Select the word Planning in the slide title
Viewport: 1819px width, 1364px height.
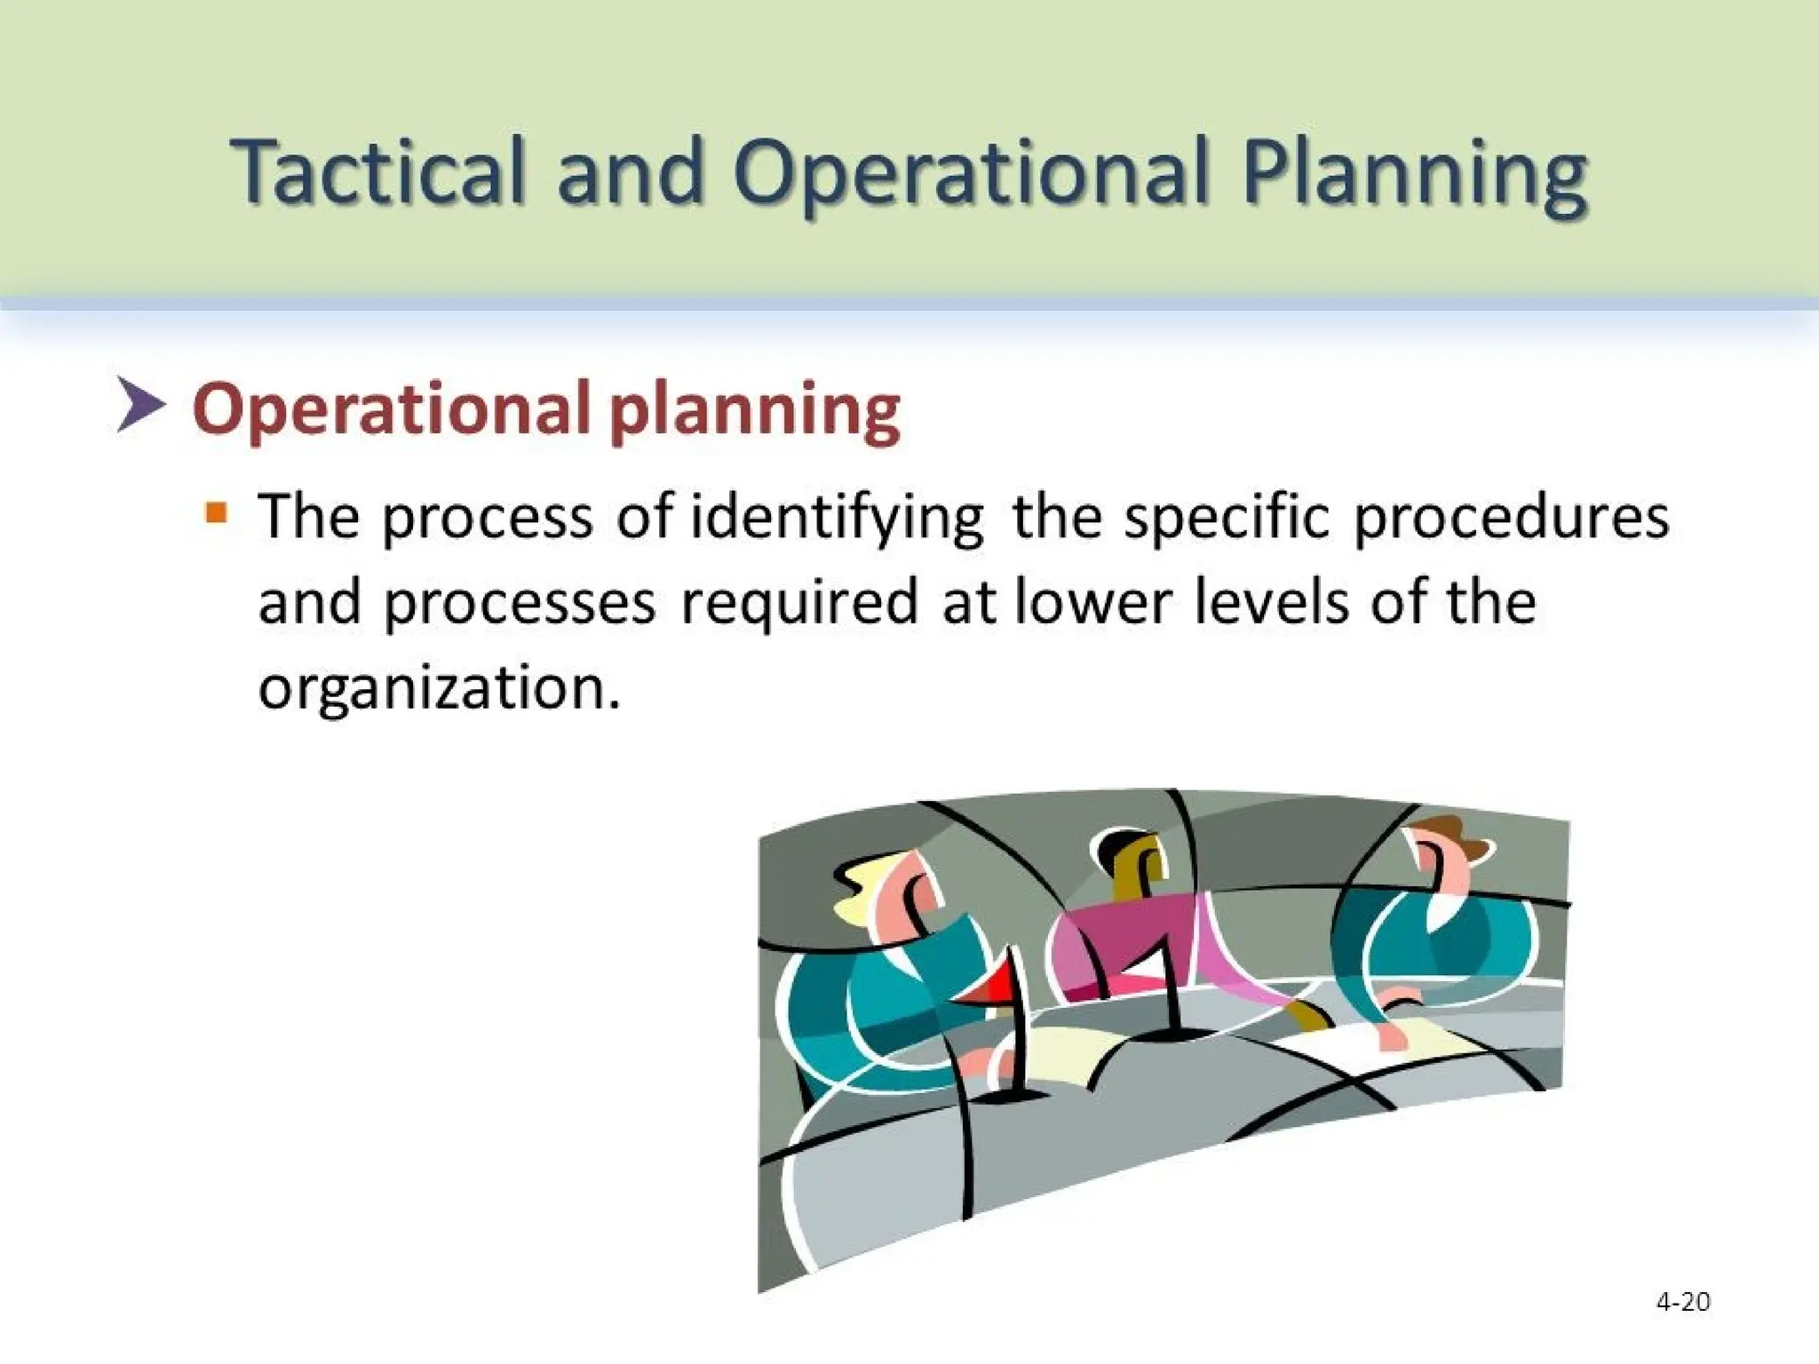pyautogui.click(x=1414, y=174)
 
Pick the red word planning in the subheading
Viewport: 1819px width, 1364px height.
pyautogui.click(x=755, y=411)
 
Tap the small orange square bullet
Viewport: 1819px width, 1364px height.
pyautogui.click(x=216, y=513)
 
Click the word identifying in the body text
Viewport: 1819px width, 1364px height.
pyautogui.click(x=838, y=519)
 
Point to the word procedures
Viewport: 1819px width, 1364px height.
pyautogui.click(x=1511, y=519)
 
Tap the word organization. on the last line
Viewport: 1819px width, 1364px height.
pyautogui.click(x=439, y=688)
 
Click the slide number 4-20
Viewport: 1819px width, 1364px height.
pyautogui.click(x=1682, y=1302)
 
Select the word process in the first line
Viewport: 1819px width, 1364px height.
pyautogui.click(x=487, y=519)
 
